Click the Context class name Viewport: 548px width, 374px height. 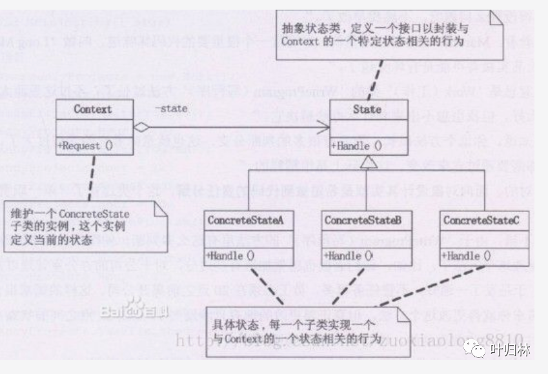point(92,110)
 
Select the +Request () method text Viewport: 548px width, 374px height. point(85,146)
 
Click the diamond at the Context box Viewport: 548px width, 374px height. point(141,128)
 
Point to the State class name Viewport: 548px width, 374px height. point(367,110)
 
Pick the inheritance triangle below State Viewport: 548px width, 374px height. point(368,162)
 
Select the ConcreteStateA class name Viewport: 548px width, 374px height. point(246,220)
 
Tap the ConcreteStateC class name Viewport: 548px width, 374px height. point(481,220)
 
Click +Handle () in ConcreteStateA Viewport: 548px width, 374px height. point(231,256)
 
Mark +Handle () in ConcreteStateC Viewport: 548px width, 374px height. point(466,256)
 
